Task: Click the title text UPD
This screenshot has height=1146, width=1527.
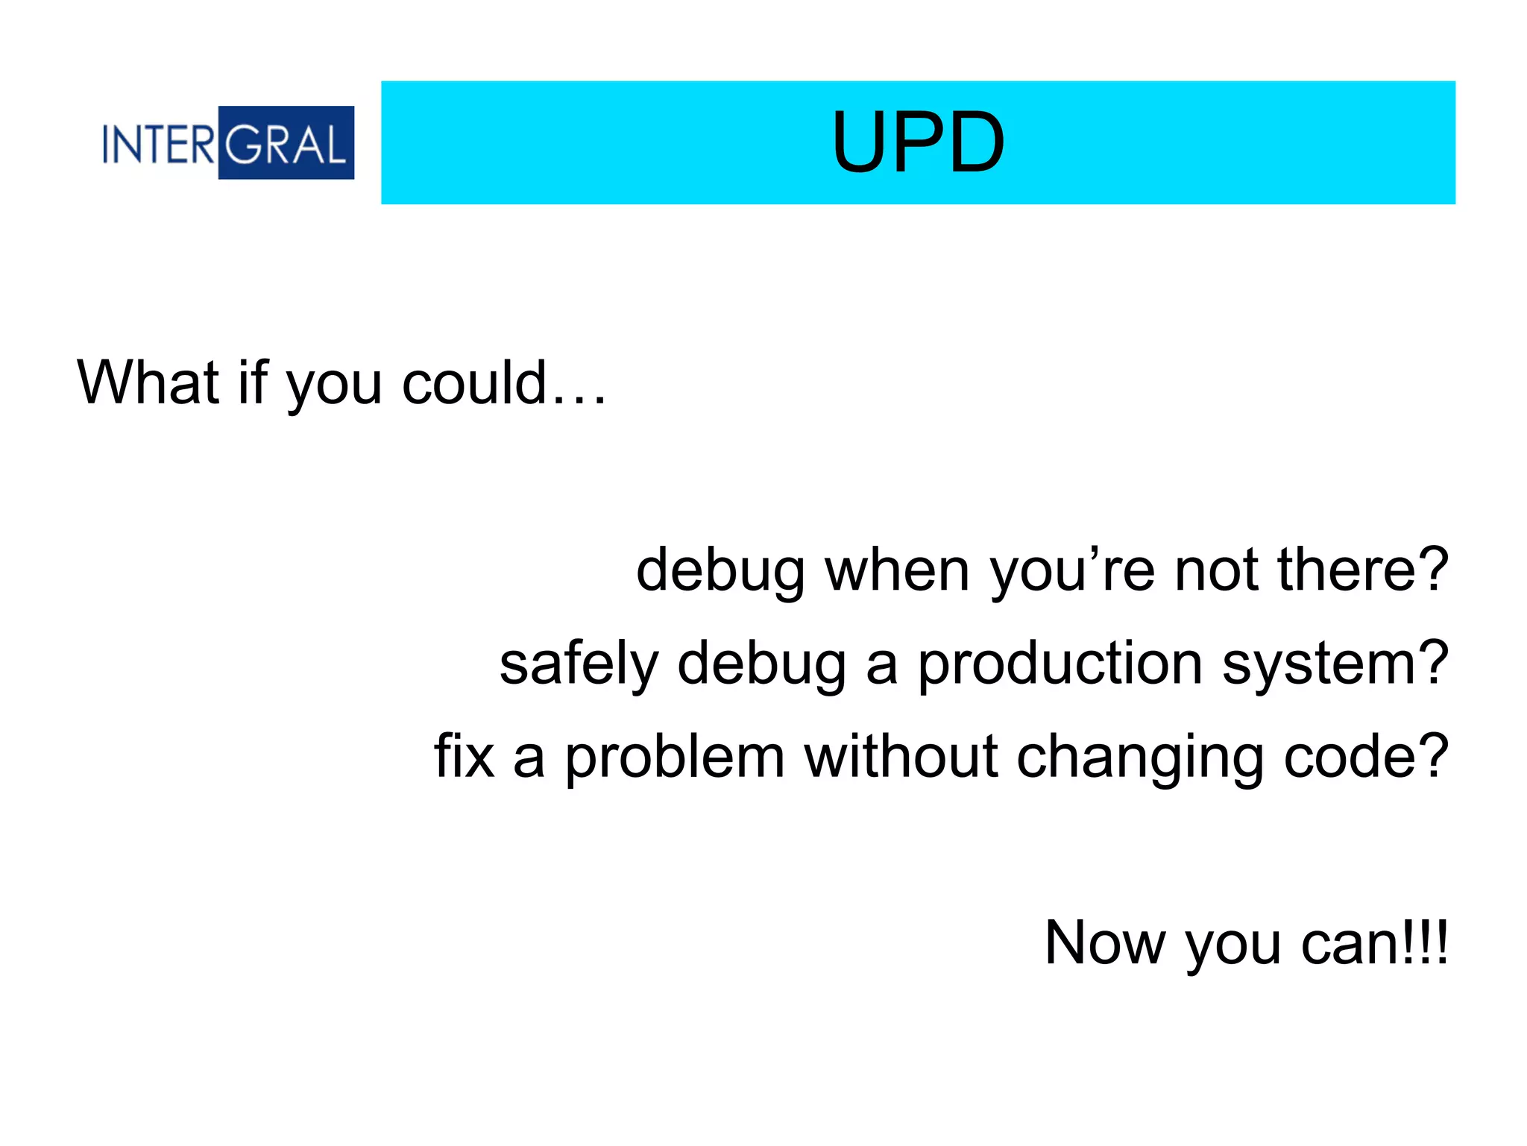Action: point(918,142)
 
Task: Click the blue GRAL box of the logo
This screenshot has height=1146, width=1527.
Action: point(286,142)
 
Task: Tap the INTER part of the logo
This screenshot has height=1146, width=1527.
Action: point(159,143)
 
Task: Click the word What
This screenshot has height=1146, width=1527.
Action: point(148,382)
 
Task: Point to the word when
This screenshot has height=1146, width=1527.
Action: point(897,570)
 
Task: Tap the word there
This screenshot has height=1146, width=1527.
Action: point(1362,570)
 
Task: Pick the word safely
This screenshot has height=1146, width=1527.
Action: point(579,664)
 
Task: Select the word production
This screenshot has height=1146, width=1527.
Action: point(1060,664)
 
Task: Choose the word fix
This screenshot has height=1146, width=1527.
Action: point(464,756)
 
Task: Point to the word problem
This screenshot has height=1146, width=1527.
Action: point(674,758)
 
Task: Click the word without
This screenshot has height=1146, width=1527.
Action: point(901,756)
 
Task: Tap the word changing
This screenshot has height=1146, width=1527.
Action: point(1139,758)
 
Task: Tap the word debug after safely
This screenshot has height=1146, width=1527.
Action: point(761,664)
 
